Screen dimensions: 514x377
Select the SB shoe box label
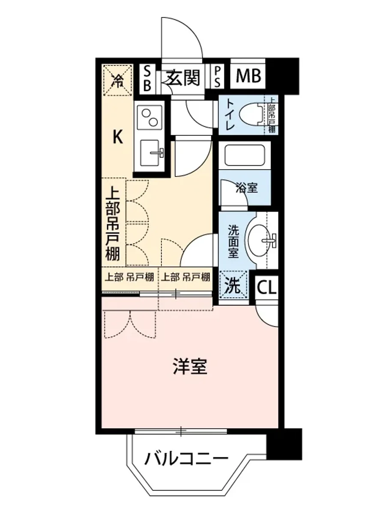pyautogui.click(x=147, y=78)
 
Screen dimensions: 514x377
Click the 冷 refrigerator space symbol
pyautogui.click(x=116, y=80)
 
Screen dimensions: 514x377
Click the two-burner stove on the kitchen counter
pyautogui.click(x=149, y=116)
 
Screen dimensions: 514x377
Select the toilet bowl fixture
pyautogui.click(x=253, y=115)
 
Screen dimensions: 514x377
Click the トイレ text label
pyautogui.click(x=230, y=115)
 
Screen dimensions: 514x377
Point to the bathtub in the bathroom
pyautogui.click(x=245, y=155)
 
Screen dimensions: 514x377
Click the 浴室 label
pyautogui.click(x=247, y=187)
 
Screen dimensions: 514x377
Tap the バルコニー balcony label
pyautogui.click(x=186, y=460)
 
